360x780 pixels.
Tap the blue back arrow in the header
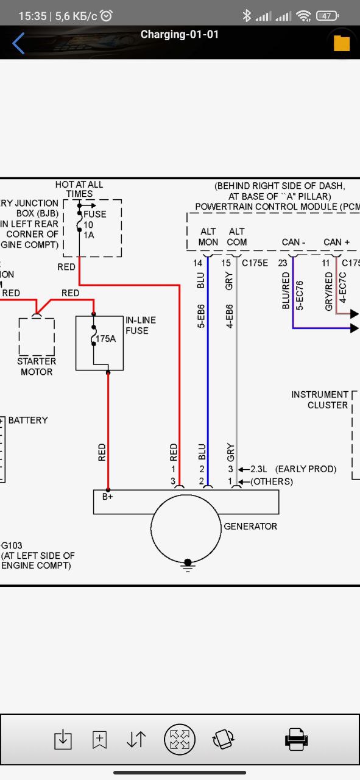coord(18,43)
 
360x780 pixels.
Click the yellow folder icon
coord(342,43)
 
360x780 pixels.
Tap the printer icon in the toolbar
coord(296,739)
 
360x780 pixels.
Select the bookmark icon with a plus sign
coord(99,739)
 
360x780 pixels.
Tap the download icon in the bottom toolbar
coord(63,739)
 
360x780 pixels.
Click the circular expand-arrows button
coord(180,739)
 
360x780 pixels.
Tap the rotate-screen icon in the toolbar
coord(223,739)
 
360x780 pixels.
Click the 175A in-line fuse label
coord(106,338)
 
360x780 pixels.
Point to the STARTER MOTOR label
coord(37,366)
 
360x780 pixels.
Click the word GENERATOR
coord(250,526)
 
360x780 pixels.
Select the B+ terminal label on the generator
coord(108,497)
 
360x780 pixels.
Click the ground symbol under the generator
coord(188,565)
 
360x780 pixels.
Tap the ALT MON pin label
coord(208,237)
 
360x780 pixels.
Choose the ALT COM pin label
coord(237,237)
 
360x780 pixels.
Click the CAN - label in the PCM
coord(294,242)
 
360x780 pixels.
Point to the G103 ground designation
coord(12,545)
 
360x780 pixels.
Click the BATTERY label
coord(28,420)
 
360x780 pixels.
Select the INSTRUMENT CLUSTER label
coord(320,400)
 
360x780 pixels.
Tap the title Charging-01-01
coord(180,35)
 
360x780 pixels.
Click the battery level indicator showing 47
coord(327,16)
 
